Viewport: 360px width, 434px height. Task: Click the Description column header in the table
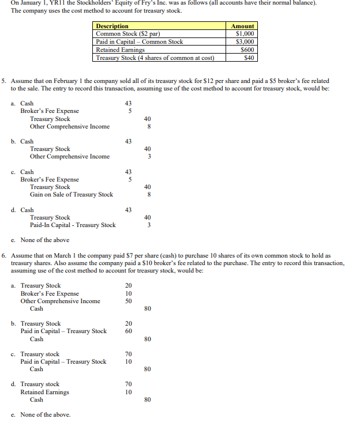112,26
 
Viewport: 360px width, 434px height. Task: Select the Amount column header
242,26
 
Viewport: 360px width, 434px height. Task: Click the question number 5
5,81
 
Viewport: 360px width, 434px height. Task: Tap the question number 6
5,255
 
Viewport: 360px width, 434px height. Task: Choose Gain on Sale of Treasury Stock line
72,194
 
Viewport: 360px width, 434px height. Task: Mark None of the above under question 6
45,414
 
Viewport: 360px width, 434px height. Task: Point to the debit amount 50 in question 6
129,301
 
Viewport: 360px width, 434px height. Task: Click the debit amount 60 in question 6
129,331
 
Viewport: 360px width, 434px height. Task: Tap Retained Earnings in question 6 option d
44,392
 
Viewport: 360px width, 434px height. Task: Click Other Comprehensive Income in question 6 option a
60,301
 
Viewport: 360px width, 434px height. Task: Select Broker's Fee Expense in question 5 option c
50,179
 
